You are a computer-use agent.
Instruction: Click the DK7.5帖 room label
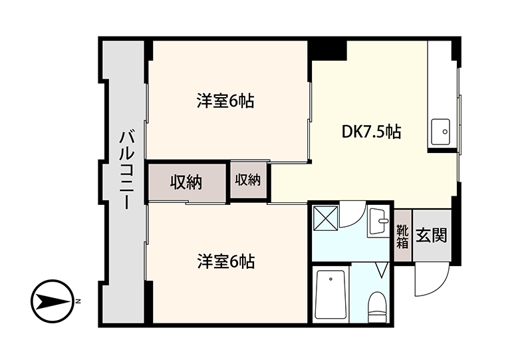(371, 132)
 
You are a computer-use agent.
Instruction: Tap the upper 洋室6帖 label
(226, 101)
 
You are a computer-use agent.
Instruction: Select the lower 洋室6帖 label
(226, 262)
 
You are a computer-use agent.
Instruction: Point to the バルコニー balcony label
(127, 170)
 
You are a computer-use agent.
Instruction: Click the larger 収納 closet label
(186, 182)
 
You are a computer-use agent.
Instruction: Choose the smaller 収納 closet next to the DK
(248, 180)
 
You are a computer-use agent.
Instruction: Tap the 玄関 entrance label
(431, 235)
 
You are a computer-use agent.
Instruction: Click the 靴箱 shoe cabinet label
(402, 236)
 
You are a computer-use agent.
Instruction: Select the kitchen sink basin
(441, 132)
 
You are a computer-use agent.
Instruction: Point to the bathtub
(331, 293)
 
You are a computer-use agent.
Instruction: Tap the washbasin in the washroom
(378, 221)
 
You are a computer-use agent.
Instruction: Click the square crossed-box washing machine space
(325, 219)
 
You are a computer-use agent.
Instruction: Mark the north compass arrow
(53, 301)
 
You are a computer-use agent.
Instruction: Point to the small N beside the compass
(78, 301)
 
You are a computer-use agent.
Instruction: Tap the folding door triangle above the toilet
(382, 270)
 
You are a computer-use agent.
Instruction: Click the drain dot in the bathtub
(331, 279)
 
